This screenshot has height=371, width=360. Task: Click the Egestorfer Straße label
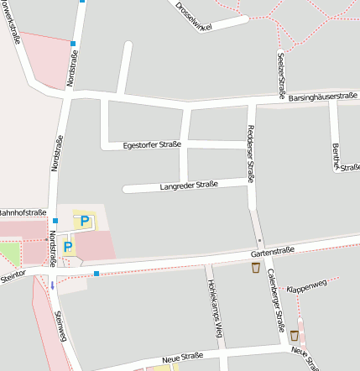pos(152,144)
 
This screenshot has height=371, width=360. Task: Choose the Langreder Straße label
pos(188,185)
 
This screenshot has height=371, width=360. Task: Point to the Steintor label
pos(13,274)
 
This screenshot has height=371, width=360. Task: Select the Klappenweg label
pos(306,288)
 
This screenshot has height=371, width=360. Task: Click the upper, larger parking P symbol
pos(84,222)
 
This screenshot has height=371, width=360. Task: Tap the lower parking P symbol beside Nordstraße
pos(68,247)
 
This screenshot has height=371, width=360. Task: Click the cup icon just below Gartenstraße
pos(256,268)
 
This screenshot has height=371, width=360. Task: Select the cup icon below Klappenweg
pos(295,335)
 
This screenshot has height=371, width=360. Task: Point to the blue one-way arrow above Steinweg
pos(52,285)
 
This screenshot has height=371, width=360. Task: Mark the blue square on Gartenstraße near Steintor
pos(97,274)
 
